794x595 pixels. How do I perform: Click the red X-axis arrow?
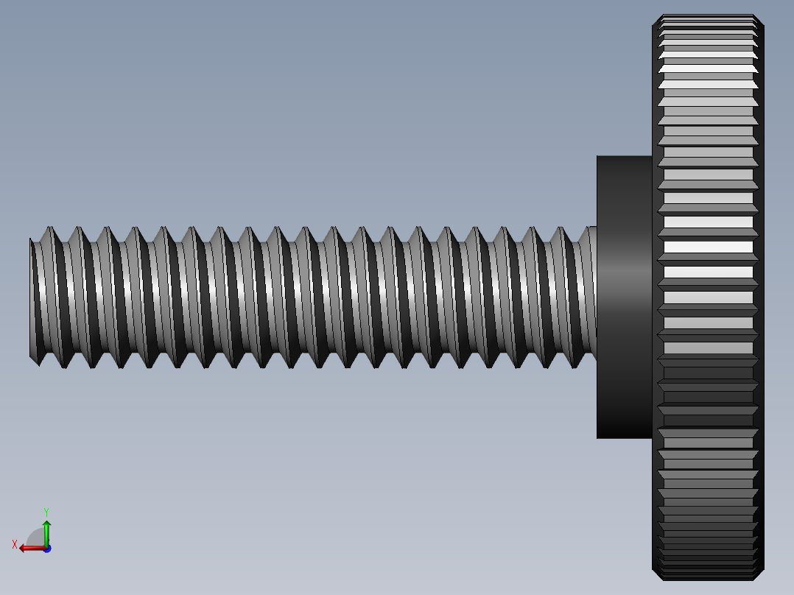click(29, 548)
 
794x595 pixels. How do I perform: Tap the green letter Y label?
click(46, 511)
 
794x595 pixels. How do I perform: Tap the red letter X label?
click(15, 545)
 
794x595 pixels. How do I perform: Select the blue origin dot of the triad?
click(46, 548)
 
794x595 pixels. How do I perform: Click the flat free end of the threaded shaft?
click(32, 298)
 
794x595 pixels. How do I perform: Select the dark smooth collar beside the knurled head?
click(624, 297)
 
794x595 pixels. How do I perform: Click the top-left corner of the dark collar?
click(597, 156)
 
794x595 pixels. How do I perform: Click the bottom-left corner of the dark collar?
click(597, 437)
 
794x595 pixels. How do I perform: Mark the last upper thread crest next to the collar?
click(589, 228)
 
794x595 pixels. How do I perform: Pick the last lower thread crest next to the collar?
click(574, 367)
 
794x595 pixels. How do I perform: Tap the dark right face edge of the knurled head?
click(760, 297)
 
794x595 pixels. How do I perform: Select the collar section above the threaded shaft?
click(624, 190)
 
